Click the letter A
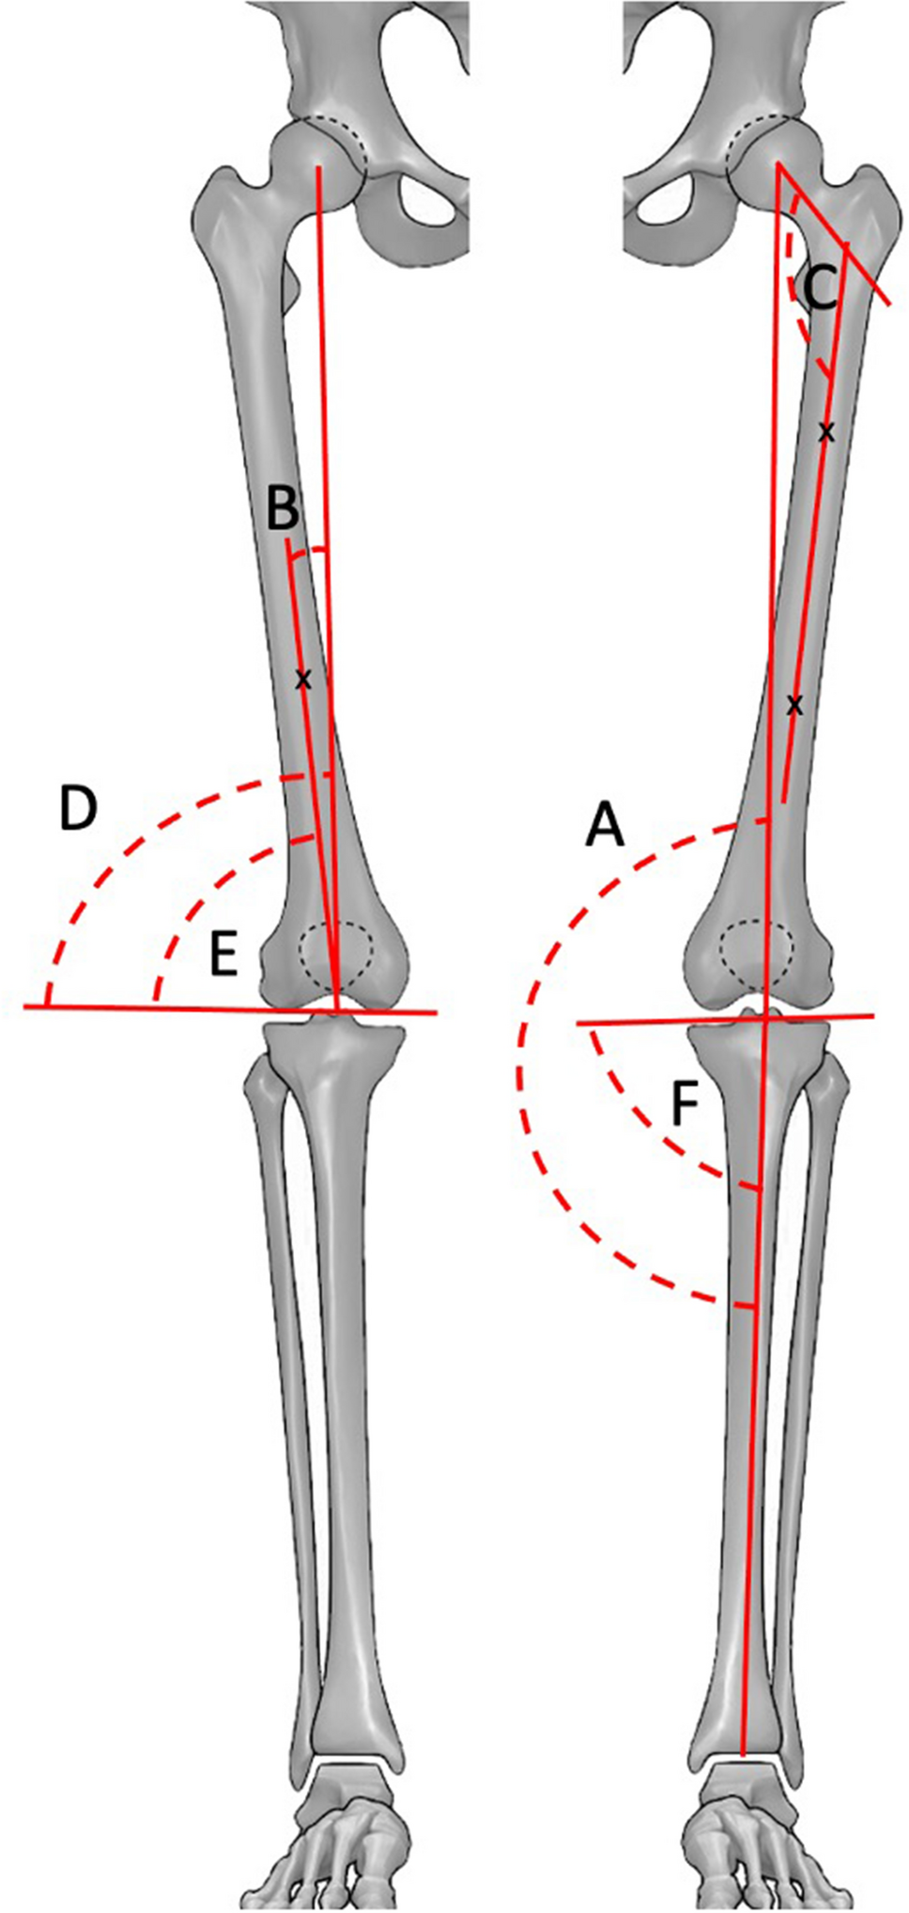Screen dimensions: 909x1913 pos(605,828)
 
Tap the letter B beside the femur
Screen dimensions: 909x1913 pos(283,509)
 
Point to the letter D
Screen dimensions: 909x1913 pos(78,809)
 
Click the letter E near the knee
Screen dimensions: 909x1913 pos(223,957)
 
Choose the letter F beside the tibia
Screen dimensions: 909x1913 pos(685,1105)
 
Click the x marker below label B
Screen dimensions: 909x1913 pos(302,680)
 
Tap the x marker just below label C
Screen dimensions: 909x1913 pos(825,432)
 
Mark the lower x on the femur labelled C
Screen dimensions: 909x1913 pos(794,704)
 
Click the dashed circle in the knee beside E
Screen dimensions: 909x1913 pos(336,956)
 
